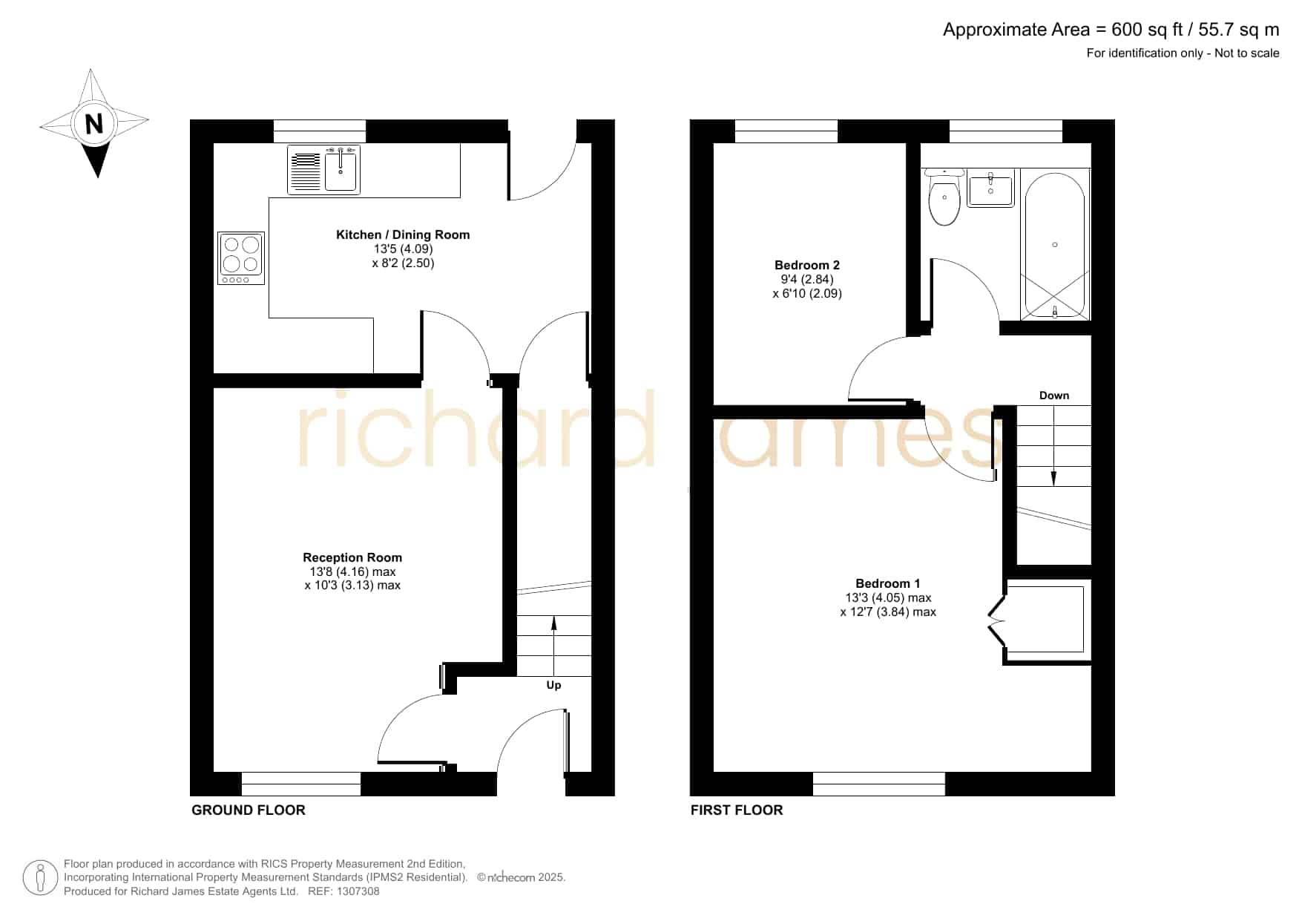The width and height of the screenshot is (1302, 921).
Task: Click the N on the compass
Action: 93,123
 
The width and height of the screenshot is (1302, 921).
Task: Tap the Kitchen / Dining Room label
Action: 403,235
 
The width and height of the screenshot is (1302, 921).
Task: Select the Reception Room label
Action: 352,557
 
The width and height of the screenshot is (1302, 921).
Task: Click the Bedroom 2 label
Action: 807,265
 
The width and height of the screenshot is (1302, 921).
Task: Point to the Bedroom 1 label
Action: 888,583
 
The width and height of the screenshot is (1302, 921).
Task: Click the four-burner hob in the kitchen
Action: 241,258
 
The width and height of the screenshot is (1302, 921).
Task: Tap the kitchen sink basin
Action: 341,170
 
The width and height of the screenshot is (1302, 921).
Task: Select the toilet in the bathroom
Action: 944,197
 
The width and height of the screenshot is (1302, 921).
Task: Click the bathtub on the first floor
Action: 1055,244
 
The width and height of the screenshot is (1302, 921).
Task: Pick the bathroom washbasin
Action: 991,189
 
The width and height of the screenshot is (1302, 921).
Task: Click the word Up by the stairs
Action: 553,685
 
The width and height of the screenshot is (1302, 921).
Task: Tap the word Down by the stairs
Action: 1054,396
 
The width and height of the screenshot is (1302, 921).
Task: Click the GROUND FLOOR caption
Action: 249,810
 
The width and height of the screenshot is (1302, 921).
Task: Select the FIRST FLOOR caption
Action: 737,810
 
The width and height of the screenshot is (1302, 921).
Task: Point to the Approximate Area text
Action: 1111,30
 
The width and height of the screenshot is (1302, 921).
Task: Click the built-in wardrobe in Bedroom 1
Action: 1045,619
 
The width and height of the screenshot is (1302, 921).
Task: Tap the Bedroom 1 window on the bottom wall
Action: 879,784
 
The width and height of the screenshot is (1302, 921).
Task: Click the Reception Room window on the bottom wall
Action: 301,784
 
